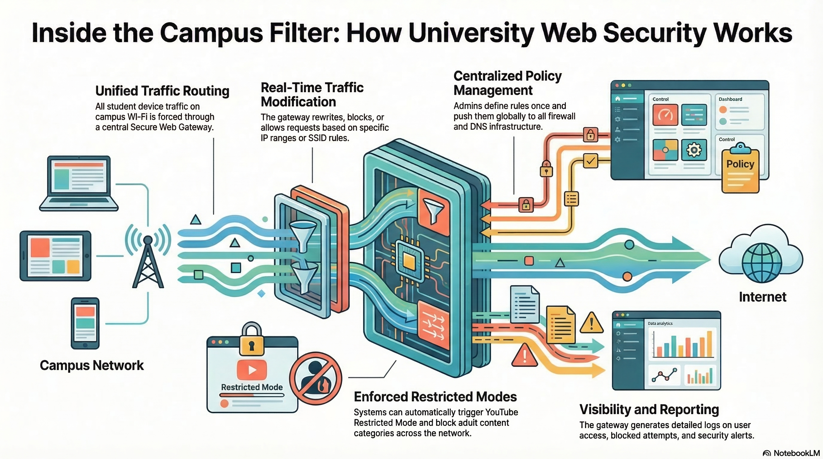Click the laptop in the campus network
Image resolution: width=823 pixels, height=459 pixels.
click(x=79, y=183)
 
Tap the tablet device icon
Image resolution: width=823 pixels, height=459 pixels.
click(x=55, y=256)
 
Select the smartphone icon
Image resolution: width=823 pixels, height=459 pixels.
click(x=85, y=323)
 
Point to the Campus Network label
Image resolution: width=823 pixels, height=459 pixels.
click(x=92, y=365)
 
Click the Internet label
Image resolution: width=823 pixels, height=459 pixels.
click(x=762, y=297)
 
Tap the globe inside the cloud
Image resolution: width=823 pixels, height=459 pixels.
click(x=762, y=262)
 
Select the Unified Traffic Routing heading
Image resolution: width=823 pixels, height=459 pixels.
click(x=162, y=91)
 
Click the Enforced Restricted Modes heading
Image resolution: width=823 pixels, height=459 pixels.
click(x=435, y=397)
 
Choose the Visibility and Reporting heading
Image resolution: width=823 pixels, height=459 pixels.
click(x=649, y=409)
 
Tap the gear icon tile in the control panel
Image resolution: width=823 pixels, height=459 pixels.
click(x=694, y=149)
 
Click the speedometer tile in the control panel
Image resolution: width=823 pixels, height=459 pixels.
click(x=665, y=114)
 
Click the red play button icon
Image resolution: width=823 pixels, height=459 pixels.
click(x=252, y=370)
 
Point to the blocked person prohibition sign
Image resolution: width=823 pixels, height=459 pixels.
click(x=315, y=379)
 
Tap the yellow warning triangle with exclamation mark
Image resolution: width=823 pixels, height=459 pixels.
click(x=591, y=323)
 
